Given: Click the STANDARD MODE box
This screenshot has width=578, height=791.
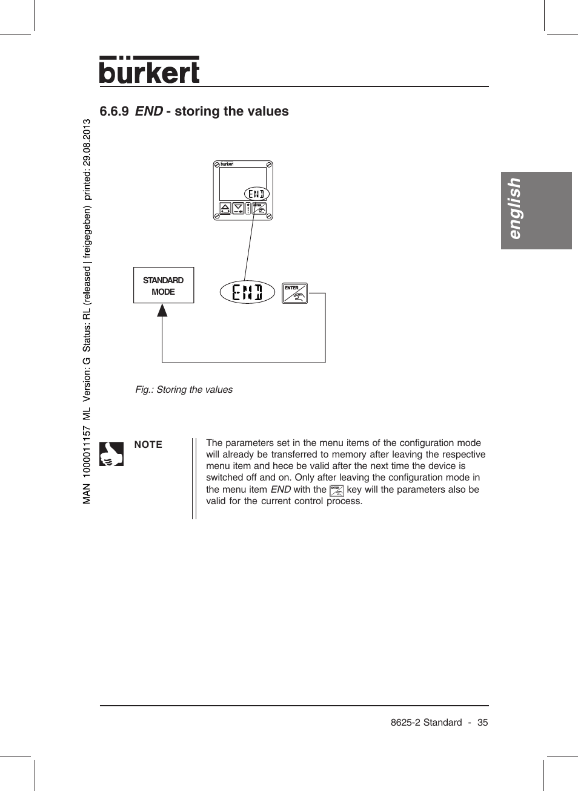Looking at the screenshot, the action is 164,285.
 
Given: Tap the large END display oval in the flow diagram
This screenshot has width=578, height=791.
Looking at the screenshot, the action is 247,292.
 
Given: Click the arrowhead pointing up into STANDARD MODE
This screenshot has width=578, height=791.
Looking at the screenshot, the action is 162,310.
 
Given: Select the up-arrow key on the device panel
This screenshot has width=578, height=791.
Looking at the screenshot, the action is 225,209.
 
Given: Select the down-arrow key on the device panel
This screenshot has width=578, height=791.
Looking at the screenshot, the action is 239,209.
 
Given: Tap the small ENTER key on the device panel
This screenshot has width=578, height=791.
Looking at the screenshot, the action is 259,209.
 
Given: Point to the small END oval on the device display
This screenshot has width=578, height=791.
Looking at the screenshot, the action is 256,194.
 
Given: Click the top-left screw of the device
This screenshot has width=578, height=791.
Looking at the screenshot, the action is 217,165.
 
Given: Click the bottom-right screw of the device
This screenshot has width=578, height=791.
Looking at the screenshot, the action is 269,217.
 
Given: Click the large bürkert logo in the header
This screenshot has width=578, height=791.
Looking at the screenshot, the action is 149,71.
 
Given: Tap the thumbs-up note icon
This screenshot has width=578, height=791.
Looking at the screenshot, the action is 111,453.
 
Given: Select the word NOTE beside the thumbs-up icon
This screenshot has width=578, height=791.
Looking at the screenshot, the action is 148,445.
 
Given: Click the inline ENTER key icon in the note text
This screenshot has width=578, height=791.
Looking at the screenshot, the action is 337,490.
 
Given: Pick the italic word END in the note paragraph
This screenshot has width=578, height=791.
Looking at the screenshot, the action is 281,490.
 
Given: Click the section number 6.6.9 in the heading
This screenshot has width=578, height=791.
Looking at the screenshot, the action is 114,111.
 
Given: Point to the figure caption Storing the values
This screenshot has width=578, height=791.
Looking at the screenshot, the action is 184,390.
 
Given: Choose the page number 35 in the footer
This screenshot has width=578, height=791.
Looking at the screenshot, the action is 482,723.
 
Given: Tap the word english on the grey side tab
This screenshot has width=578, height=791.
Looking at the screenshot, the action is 514,209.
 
